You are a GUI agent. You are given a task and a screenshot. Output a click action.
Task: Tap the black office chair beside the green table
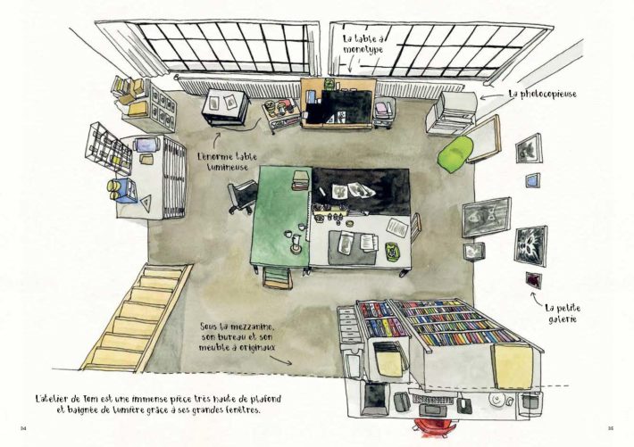(242, 196)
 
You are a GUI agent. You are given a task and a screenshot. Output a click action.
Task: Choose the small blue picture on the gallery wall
(532, 180)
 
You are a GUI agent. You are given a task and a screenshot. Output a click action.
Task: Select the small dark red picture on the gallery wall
(534, 280)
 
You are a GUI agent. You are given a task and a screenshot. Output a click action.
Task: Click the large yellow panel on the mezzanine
(513, 365)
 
